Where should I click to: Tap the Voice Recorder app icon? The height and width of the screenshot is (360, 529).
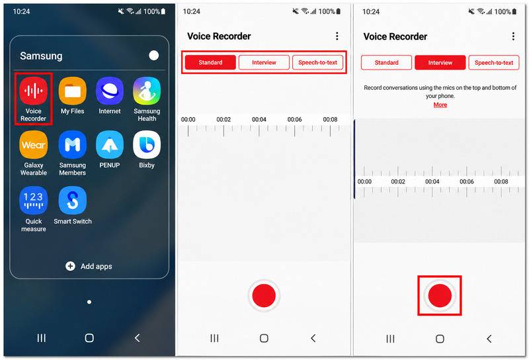[33, 91]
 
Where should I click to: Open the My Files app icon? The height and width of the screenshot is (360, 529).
[73, 91]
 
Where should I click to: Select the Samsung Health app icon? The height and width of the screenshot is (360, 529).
[147, 91]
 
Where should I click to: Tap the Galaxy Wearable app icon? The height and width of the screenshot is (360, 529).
[34, 145]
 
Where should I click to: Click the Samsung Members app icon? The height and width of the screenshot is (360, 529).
[73, 145]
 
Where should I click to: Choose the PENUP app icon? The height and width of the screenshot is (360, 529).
[110, 145]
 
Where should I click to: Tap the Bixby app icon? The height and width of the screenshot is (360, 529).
[147, 145]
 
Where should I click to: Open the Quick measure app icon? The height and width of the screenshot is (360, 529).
[34, 201]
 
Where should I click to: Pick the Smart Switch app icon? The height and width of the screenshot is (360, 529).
[73, 201]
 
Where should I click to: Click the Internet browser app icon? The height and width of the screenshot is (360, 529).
[110, 91]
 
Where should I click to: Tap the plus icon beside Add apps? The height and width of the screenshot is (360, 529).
[70, 266]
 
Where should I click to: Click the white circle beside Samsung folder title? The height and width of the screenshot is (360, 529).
[154, 56]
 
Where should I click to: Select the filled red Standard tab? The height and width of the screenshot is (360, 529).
[210, 62]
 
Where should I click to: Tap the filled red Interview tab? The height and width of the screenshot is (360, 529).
[440, 62]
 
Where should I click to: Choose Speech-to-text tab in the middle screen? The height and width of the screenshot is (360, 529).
[317, 62]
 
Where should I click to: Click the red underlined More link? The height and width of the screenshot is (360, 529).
[440, 105]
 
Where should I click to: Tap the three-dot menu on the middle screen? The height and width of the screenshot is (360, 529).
[337, 36]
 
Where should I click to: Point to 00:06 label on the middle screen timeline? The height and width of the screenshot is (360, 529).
[294, 119]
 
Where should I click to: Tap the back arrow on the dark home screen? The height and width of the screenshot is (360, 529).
[137, 337]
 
